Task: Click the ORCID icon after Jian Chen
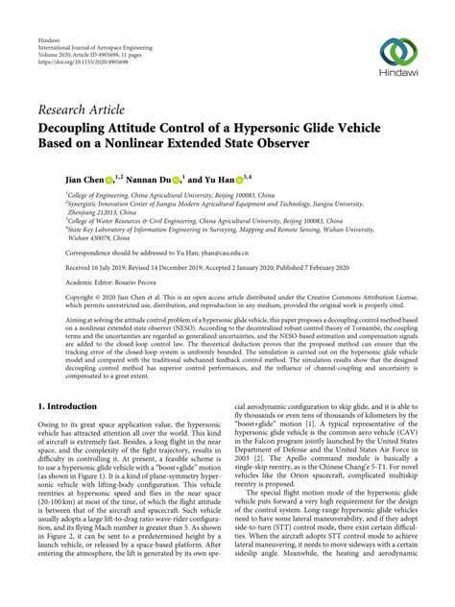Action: (x=109, y=178)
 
